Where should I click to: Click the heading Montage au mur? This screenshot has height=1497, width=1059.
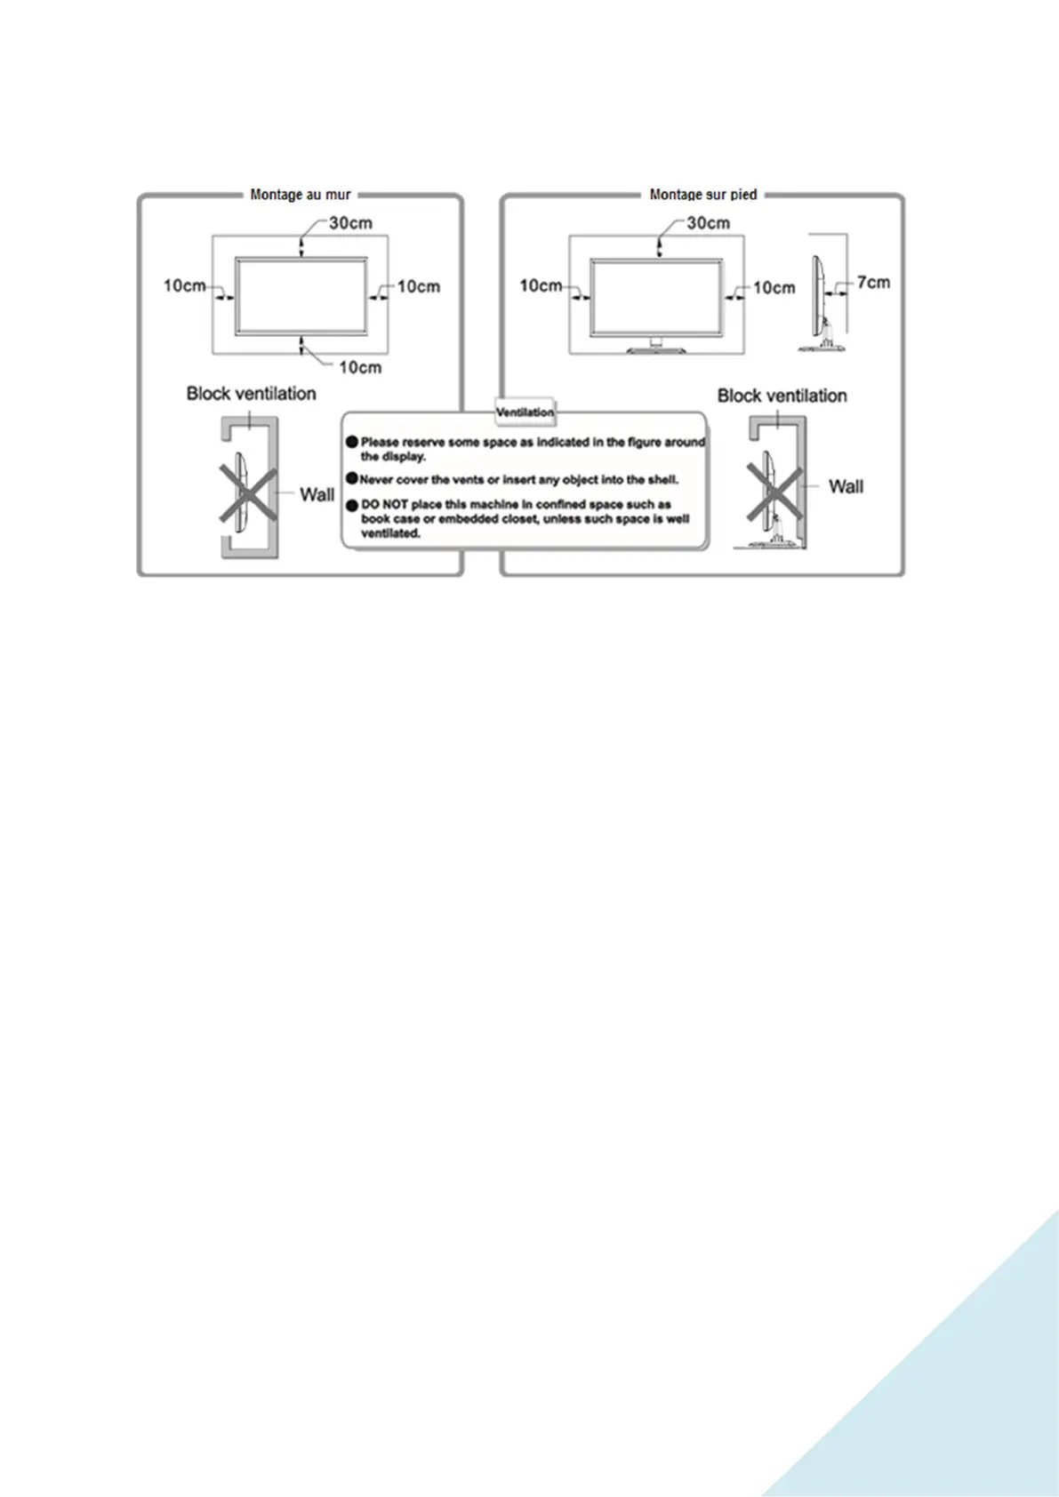coord(301,194)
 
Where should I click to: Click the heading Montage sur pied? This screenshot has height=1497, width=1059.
coord(702,194)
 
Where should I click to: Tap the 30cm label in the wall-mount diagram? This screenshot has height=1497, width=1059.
coord(350,223)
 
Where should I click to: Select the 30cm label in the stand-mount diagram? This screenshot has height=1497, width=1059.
coord(708,223)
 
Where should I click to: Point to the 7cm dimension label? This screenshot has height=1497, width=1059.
coord(873,283)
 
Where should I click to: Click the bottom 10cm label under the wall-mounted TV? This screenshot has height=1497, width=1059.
coord(360,367)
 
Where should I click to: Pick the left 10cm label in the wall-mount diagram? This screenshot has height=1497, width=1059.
coord(184,286)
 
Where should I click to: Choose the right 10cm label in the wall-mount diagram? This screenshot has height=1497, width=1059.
coord(418,286)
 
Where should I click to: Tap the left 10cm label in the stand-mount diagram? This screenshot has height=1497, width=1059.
coord(541,286)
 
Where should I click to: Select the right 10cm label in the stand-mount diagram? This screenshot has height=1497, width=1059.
coord(774,287)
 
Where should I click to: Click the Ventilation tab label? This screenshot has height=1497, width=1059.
coord(525,412)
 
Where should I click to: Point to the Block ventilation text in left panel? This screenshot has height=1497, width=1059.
coord(251,394)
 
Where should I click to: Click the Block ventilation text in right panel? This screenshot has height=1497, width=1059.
coord(782,396)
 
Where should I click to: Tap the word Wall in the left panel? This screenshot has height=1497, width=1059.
coord(317,494)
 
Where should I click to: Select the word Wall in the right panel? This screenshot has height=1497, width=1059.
coord(846,486)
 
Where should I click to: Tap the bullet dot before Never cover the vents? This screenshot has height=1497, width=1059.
coord(352,480)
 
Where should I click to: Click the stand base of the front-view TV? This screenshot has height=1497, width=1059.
coord(656,349)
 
